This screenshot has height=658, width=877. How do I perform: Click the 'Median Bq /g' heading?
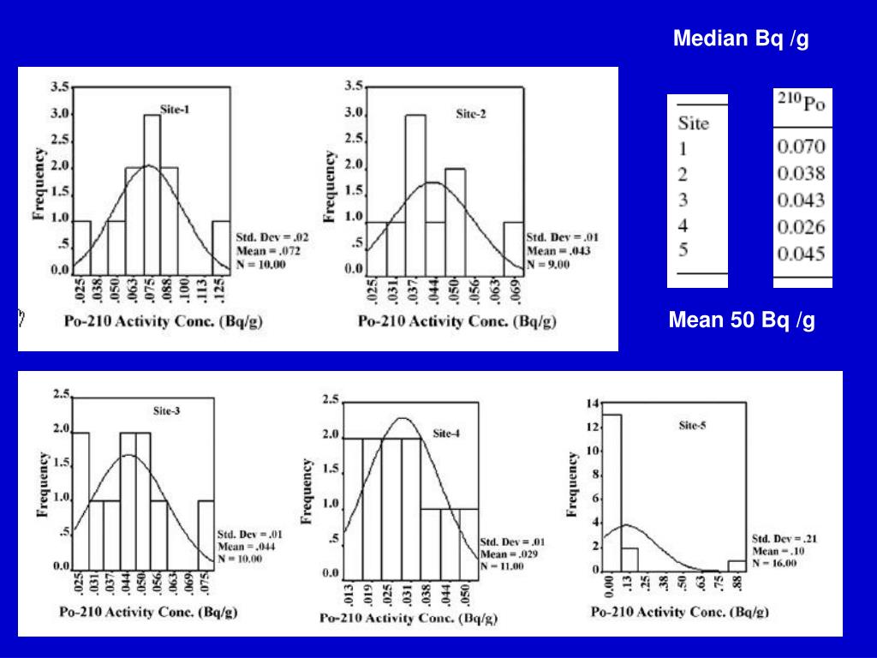pos(741,39)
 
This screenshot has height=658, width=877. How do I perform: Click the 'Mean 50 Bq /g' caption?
pos(742,321)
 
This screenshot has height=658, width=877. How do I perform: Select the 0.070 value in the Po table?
pos(801,147)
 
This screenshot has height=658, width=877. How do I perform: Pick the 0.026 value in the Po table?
pos(801,227)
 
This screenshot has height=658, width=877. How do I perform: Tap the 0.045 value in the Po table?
pos(801,254)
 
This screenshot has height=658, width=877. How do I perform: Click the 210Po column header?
pos(801,105)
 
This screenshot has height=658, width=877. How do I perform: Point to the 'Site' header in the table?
pos(693,123)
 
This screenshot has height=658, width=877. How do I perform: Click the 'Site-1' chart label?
pos(176,109)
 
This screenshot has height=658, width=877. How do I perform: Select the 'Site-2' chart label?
pos(470,113)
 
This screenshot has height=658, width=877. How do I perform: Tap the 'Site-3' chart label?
pos(166,410)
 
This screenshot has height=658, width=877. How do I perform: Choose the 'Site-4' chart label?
pos(446,434)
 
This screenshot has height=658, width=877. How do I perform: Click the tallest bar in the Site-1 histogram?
pos(152,193)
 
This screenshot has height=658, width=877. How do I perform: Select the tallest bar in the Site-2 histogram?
pos(415,193)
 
